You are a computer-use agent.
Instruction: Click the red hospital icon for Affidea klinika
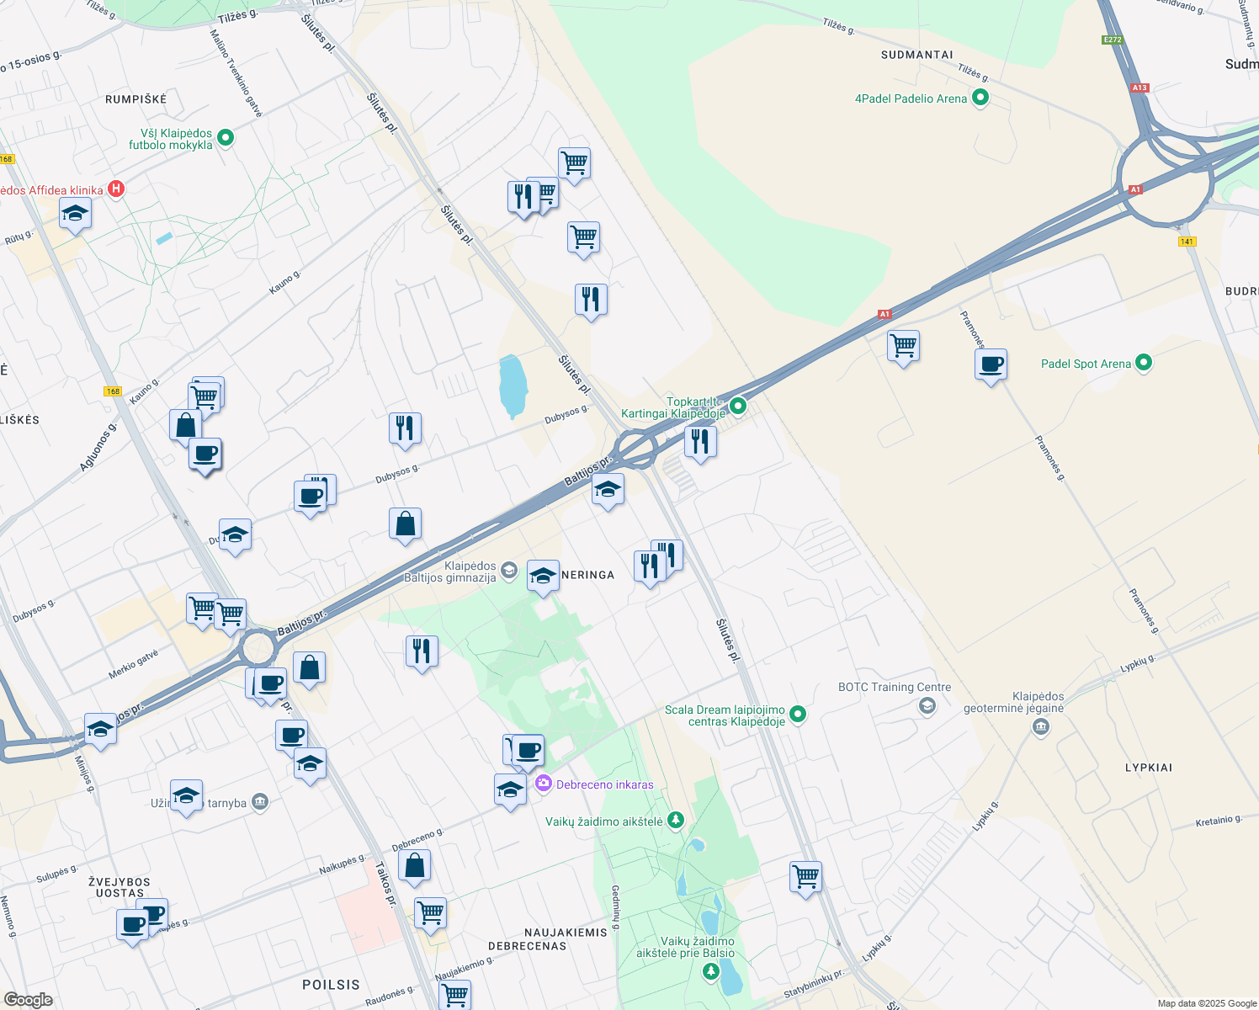point(117,189)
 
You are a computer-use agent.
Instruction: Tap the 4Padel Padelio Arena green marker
point(980,98)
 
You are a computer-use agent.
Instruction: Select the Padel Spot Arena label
point(1086,364)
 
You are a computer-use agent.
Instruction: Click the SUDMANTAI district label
point(916,55)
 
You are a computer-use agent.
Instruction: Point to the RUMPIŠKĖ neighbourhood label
point(136,99)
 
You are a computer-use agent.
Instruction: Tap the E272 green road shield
point(1113,40)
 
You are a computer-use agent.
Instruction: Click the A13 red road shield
point(1139,88)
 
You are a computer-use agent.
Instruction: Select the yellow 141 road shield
point(1187,242)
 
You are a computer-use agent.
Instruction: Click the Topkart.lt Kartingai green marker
point(738,406)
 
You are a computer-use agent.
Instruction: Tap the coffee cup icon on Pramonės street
point(991,364)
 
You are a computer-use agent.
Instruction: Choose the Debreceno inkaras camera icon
point(544,784)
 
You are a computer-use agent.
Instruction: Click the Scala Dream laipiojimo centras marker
point(798,715)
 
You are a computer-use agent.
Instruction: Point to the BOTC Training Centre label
point(894,687)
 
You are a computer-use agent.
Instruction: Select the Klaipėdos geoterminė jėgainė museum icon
point(1040,727)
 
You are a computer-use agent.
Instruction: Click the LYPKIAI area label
point(1148,768)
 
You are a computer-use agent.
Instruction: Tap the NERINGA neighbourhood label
point(587,575)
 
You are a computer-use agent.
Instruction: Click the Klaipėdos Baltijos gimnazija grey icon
point(508,571)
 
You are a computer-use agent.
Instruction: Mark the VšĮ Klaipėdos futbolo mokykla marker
point(226,137)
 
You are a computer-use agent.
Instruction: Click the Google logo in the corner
point(29,999)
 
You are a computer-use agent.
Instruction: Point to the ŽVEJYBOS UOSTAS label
point(120,887)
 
